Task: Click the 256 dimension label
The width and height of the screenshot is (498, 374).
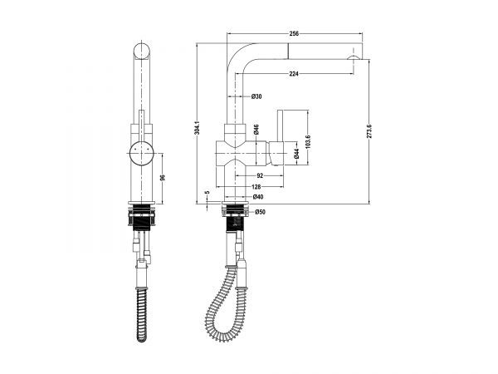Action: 294,33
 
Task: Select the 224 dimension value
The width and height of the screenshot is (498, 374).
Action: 294,74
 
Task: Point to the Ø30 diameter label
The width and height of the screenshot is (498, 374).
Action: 256,96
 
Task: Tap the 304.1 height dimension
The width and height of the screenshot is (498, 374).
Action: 198,127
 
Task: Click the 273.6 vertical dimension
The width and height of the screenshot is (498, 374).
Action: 369,130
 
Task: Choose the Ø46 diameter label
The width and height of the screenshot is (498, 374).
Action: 256,129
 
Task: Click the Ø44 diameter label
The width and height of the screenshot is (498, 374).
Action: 296,154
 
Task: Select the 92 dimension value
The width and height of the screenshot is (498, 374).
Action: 260,175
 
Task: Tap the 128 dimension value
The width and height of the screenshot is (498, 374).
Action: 256,187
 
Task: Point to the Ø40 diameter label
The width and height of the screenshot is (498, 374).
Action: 258,197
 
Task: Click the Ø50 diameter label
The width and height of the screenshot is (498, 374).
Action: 260,212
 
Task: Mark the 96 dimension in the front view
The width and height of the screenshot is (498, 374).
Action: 163,178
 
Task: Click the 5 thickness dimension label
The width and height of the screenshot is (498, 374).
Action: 207,193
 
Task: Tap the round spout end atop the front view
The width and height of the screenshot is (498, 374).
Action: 142,52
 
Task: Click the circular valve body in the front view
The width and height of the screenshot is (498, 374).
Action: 142,153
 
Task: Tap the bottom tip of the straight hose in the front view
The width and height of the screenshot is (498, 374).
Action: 142,341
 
